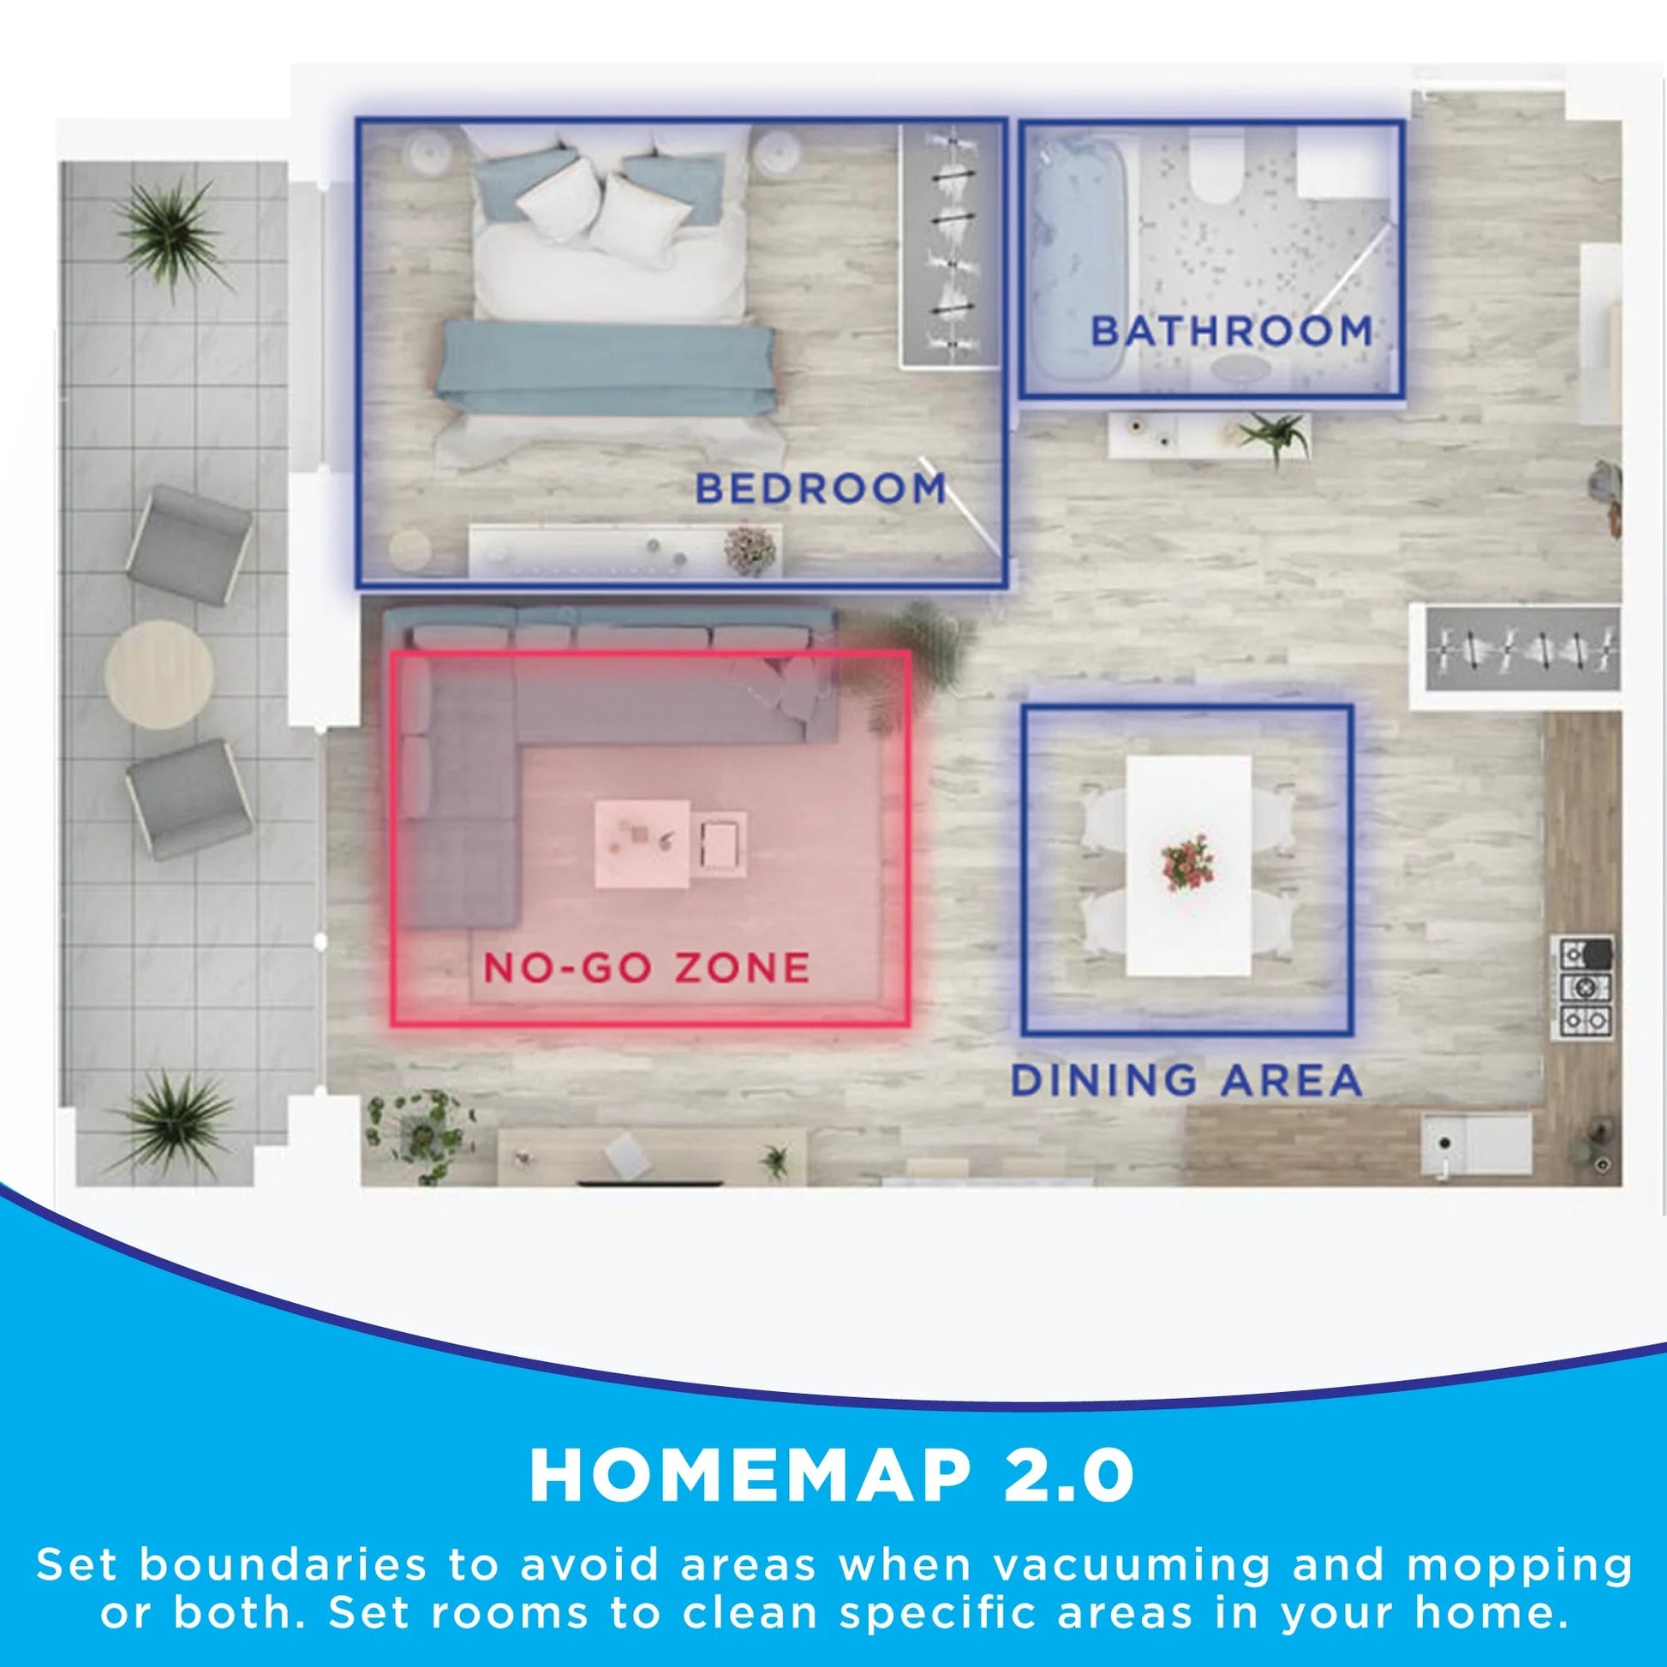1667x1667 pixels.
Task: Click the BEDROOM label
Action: (x=820, y=489)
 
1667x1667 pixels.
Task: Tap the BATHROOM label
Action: (x=1231, y=332)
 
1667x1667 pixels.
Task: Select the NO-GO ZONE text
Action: (x=645, y=967)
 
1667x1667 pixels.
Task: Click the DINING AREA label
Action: (x=1186, y=1080)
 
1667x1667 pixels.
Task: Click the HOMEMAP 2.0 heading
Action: (x=832, y=1475)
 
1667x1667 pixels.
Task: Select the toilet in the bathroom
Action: (x=1218, y=172)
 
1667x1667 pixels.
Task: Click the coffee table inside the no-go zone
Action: (x=642, y=843)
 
